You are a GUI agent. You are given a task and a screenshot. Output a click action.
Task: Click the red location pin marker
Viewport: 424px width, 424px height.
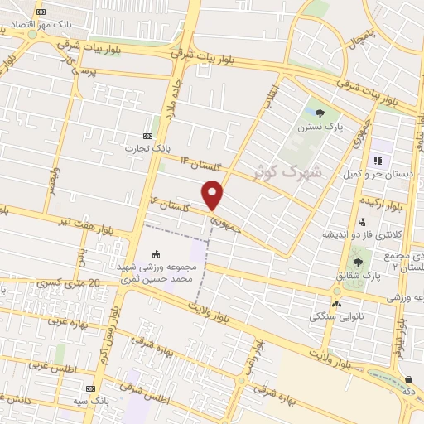pos(213,195)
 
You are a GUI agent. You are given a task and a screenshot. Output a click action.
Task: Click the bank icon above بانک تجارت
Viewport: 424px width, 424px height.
pos(148,136)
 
